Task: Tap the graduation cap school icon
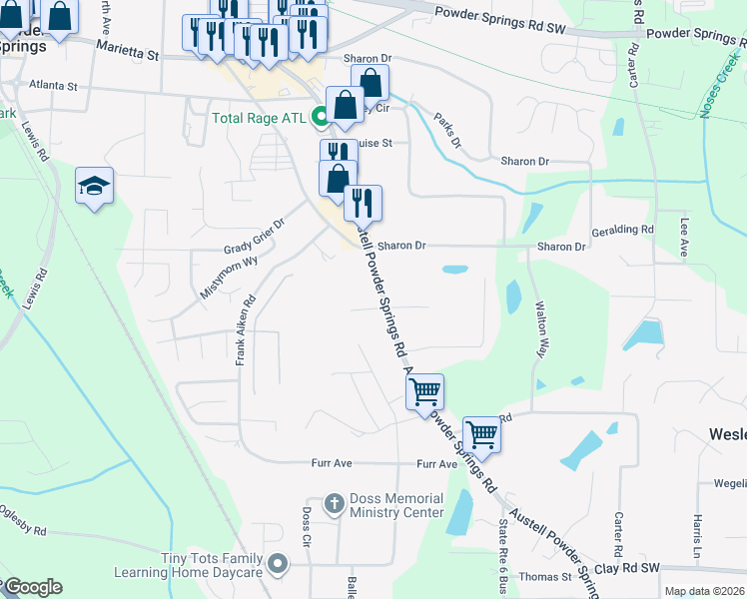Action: click(95, 185)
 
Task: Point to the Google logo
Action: click(32, 588)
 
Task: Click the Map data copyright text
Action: click(704, 591)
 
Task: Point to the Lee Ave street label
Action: click(685, 239)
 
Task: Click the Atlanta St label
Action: click(53, 86)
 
